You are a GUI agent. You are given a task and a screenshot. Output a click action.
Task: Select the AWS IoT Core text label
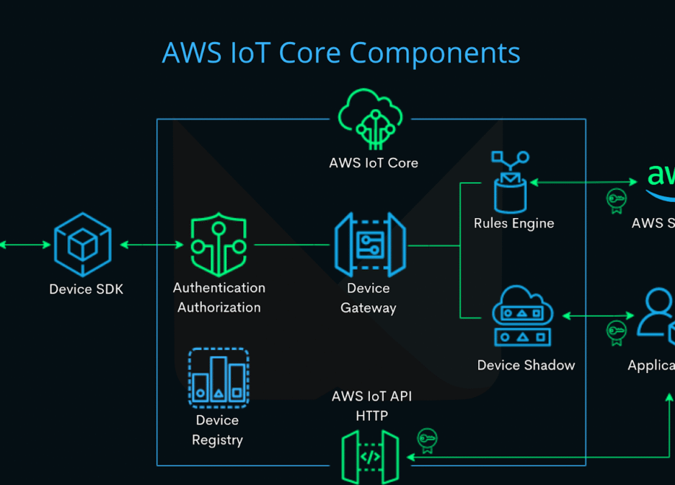click(x=374, y=163)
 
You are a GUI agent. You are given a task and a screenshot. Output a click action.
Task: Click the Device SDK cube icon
click(x=83, y=245)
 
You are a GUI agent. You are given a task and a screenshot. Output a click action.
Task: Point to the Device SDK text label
click(x=86, y=289)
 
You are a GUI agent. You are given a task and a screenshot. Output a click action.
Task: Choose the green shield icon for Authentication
click(x=219, y=245)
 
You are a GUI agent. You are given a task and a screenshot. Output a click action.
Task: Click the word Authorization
click(x=219, y=307)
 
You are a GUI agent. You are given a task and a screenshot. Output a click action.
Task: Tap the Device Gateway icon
click(x=369, y=245)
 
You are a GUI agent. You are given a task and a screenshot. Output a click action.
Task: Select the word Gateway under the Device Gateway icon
click(x=369, y=308)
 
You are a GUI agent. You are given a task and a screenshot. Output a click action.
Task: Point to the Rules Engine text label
click(x=513, y=224)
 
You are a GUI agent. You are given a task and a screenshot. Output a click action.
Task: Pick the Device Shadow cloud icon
click(x=522, y=316)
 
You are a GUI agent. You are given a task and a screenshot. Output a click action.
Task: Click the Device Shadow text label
click(x=526, y=365)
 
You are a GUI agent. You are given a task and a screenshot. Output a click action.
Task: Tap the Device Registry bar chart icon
click(x=219, y=377)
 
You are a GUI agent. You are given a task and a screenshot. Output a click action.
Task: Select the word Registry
click(x=217, y=440)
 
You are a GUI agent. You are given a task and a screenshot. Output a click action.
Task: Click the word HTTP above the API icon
click(x=371, y=416)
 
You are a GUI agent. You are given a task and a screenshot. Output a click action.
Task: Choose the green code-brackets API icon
click(x=370, y=457)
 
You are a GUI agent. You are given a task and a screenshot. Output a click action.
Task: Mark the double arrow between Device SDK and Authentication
click(x=151, y=245)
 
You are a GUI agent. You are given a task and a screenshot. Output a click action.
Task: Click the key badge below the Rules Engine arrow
click(x=616, y=201)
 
